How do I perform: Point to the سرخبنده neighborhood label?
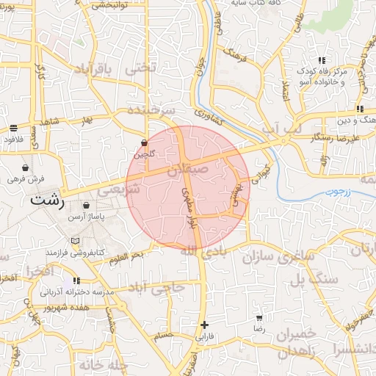tap(151, 109)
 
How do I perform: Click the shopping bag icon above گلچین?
tap(144, 142)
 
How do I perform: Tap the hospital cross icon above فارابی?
tap(204, 325)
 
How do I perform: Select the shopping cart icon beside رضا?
tap(258, 319)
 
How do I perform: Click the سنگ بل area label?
tap(314, 280)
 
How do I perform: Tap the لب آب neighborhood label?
tap(282, 128)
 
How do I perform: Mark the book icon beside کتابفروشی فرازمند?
tap(74, 241)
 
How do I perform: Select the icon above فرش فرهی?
tap(26, 167)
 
